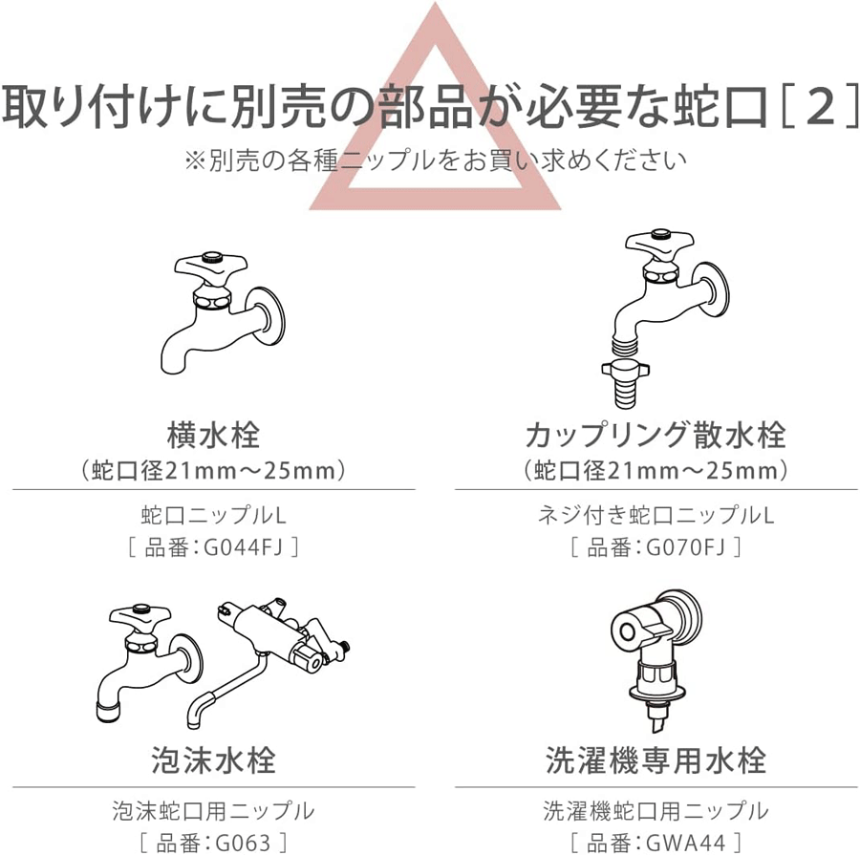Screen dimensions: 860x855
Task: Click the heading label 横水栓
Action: [213, 435]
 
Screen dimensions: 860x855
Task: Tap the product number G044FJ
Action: [243, 547]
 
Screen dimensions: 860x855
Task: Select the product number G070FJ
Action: [685, 547]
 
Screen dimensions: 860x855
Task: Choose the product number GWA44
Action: [685, 843]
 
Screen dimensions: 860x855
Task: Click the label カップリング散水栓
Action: [656, 435]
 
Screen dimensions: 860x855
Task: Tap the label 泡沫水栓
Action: [213, 760]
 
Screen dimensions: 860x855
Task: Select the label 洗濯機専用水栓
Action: [656, 760]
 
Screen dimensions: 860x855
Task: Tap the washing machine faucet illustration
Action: [656, 660]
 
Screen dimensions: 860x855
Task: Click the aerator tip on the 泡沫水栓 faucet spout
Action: [110, 712]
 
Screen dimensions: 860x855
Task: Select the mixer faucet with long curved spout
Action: [269, 661]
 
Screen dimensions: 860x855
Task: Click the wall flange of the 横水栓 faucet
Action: [268, 316]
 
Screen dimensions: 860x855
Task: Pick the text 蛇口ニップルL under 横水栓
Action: [213, 516]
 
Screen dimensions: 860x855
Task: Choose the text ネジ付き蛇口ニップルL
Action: [656, 516]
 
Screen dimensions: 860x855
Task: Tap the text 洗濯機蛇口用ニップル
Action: [656, 811]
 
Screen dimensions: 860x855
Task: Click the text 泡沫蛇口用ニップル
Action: [213, 811]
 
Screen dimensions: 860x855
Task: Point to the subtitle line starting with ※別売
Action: [436, 160]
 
